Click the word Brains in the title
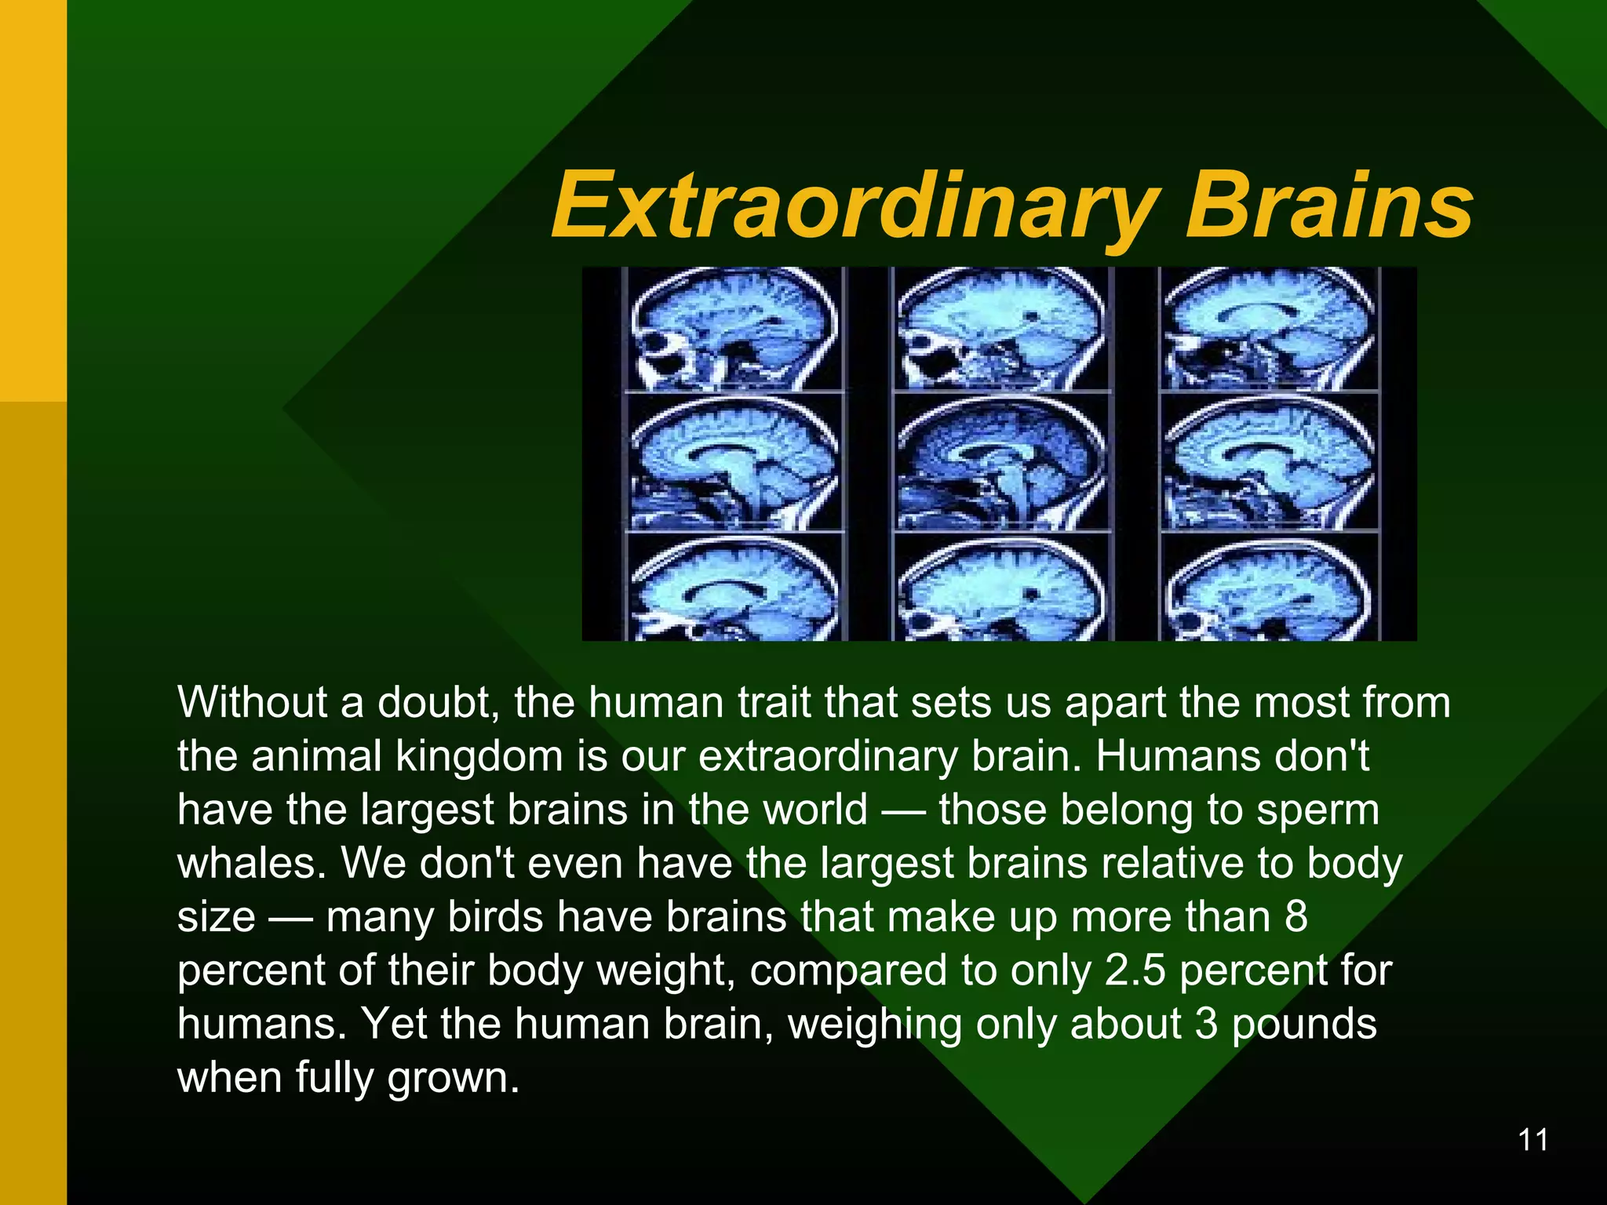pos(1328,206)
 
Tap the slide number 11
pos(1533,1140)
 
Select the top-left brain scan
pos(734,329)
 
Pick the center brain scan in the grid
pos(1001,463)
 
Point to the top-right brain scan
pos(1269,329)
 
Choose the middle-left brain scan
pos(734,463)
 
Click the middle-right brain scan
pos(1269,463)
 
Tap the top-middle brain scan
pos(1001,329)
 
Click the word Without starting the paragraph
pos(251,702)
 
